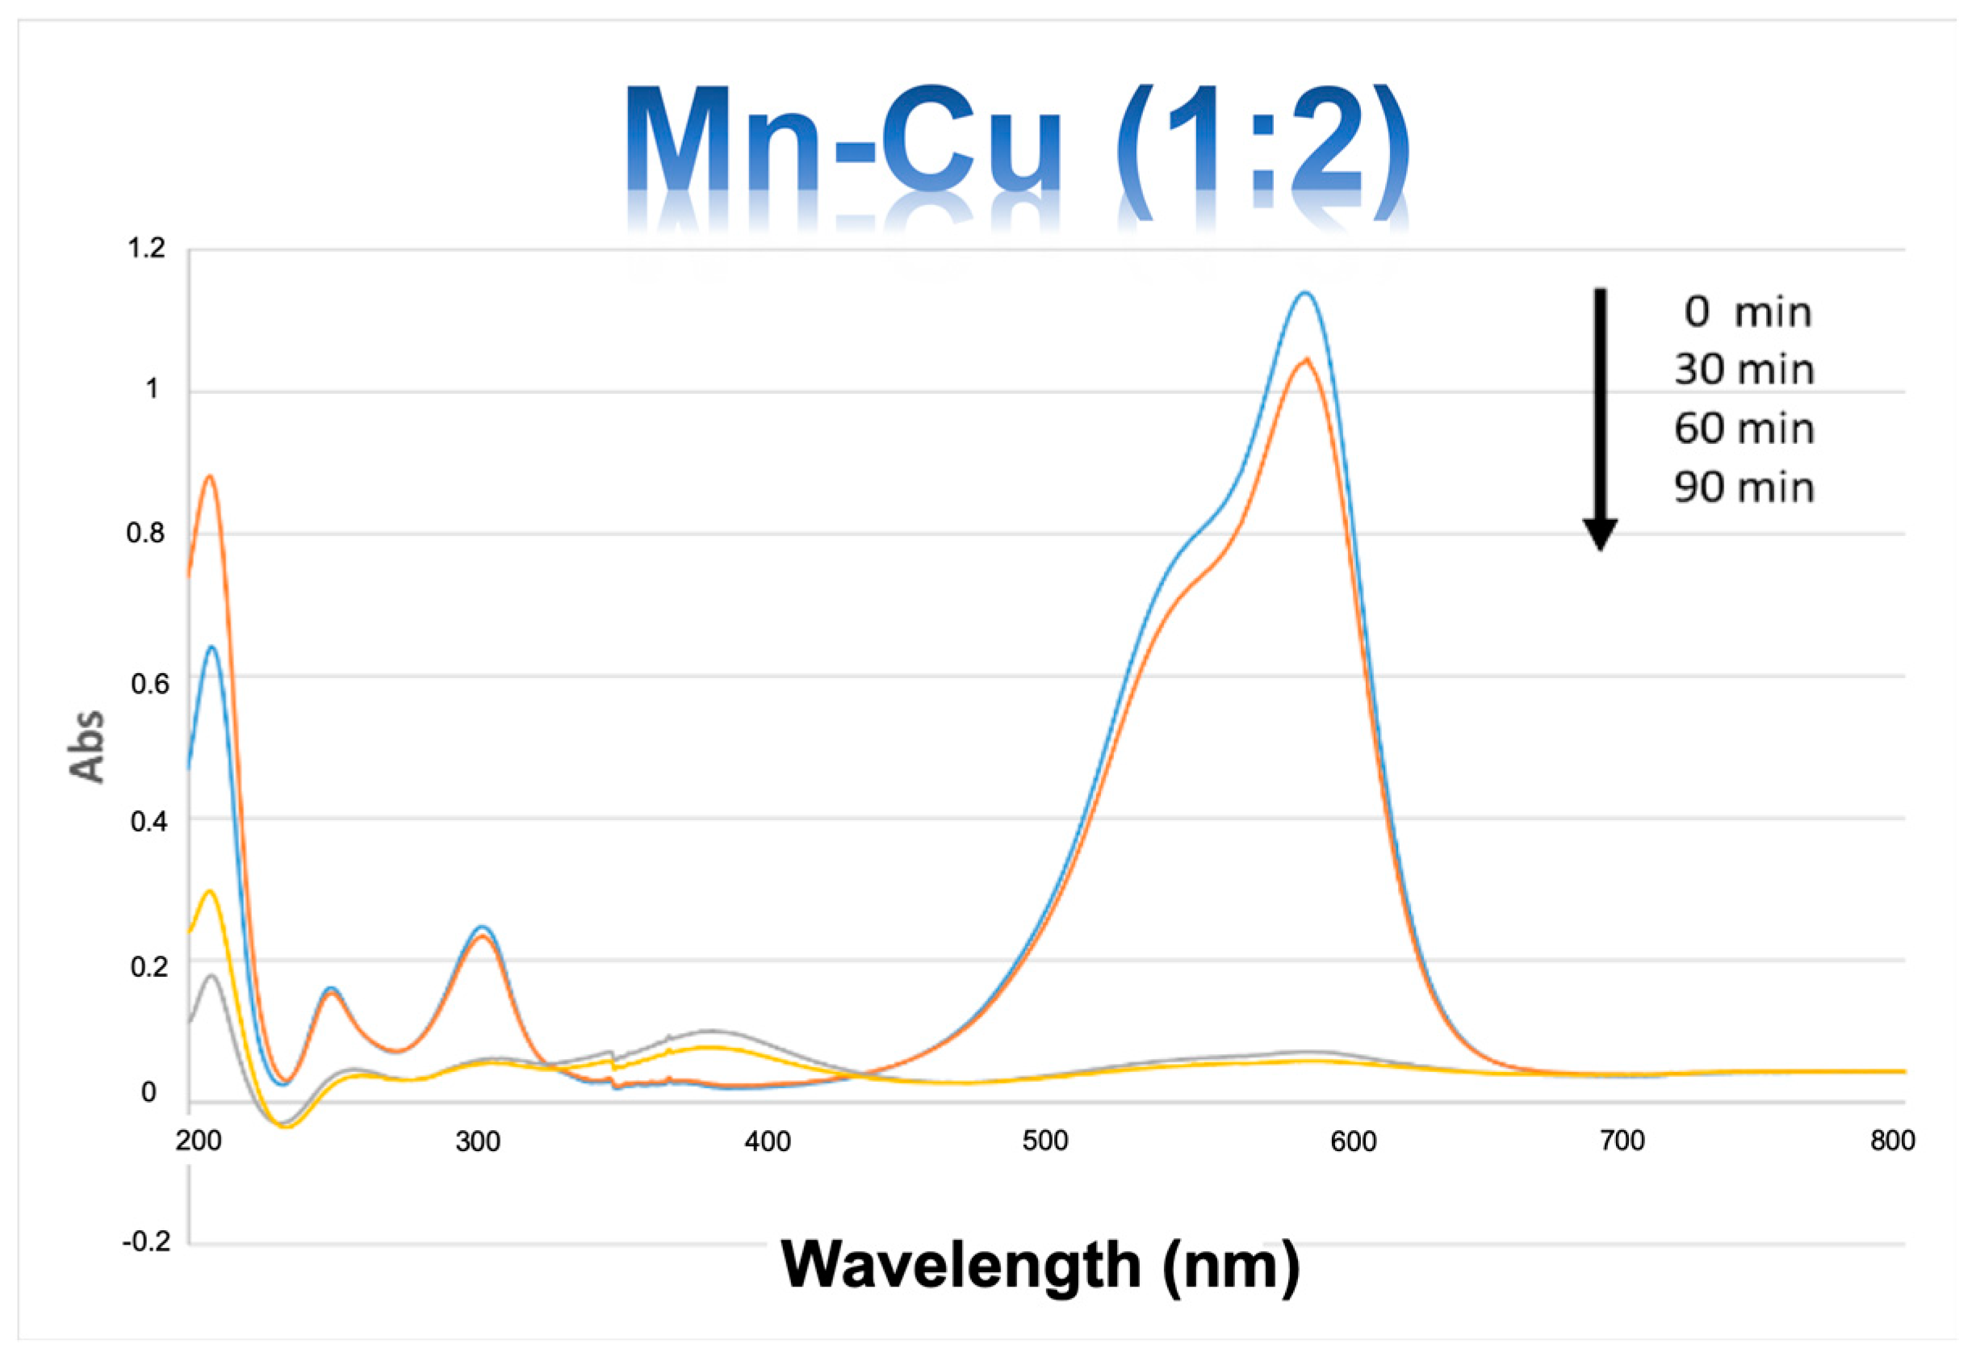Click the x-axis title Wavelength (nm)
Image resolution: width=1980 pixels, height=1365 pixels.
[x=1040, y=1265]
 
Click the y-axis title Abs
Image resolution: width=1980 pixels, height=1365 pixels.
[x=86, y=746]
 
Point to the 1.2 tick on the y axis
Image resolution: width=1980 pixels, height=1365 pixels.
[x=145, y=249]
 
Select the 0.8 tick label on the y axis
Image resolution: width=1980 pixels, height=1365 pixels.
[x=145, y=534]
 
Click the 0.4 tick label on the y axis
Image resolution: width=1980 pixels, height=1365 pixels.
[x=145, y=822]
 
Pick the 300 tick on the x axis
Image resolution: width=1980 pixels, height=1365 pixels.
[x=477, y=1141]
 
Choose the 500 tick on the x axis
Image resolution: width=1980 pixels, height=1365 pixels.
[x=1045, y=1141]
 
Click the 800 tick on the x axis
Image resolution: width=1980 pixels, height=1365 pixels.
[x=1892, y=1141]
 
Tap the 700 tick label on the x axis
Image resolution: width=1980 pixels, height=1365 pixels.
[x=1622, y=1141]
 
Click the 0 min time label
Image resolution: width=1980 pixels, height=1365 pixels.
[x=1748, y=313]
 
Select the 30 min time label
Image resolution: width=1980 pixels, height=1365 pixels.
[x=1744, y=371]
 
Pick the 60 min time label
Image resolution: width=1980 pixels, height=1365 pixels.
[x=1744, y=429]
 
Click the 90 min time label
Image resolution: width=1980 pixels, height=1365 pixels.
[x=1744, y=488]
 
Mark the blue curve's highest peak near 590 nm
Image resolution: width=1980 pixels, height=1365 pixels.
[x=1304, y=293]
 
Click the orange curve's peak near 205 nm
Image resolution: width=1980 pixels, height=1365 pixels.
[x=210, y=476]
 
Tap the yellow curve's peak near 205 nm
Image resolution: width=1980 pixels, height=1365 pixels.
[x=210, y=892]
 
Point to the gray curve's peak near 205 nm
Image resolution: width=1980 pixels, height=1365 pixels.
[x=211, y=976]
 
